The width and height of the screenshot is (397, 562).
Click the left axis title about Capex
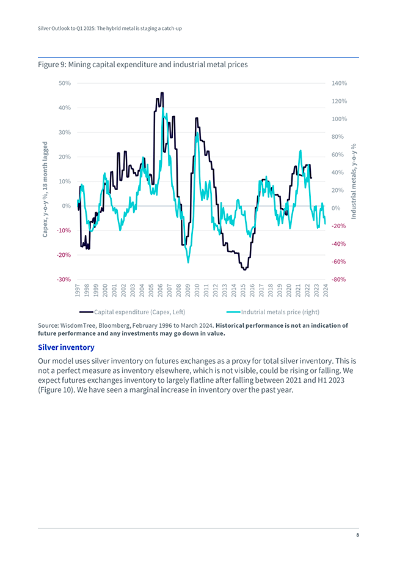(x=46, y=190)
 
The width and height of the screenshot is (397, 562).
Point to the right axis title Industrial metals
(x=354, y=182)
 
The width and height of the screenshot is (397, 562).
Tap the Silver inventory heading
(x=66, y=347)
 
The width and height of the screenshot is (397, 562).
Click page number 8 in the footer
(x=357, y=536)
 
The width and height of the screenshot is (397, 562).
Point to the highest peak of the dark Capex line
(x=162, y=93)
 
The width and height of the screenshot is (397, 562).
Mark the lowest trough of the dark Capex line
(x=244, y=269)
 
